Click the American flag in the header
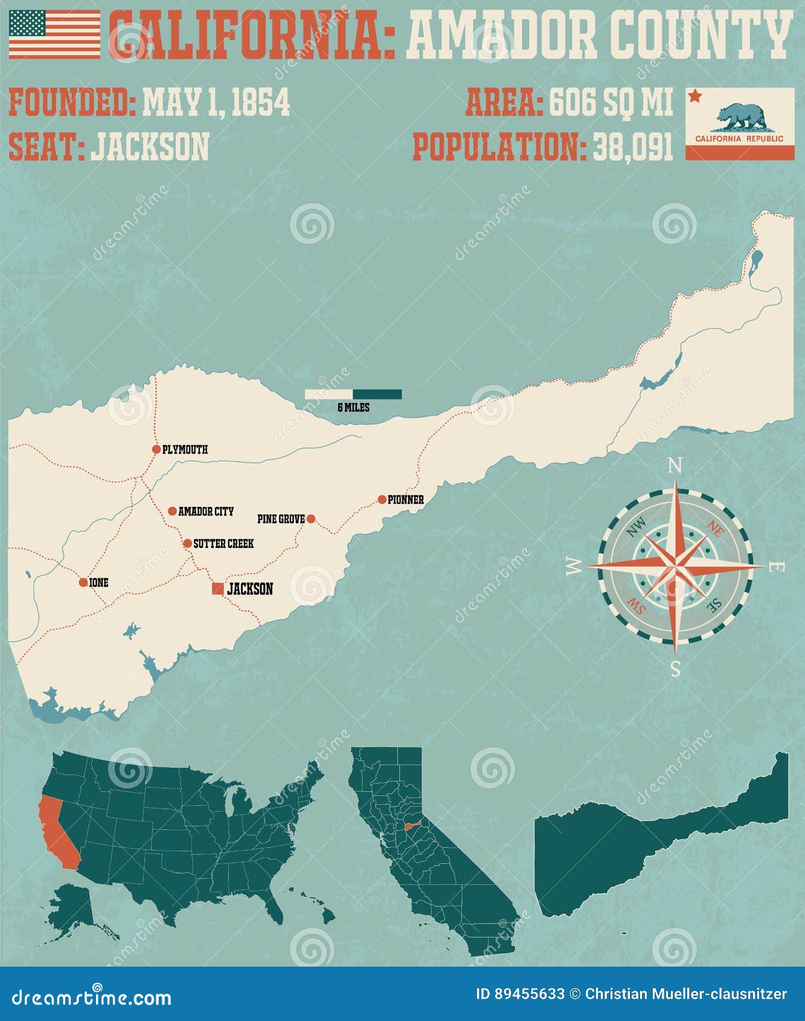(54, 34)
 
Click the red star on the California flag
(694, 95)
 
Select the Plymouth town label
(185, 449)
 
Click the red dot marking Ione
(83, 582)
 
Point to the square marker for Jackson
(217, 588)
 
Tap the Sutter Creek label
(223, 544)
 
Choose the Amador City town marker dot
(172, 511)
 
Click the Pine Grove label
(281, 519)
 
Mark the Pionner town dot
(382, 500)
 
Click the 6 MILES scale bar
(353, 395)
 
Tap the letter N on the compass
(676, 466)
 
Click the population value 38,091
(633, 147)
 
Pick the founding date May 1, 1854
(216, 102)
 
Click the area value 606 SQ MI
(611, 102)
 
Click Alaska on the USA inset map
(72, 906)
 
